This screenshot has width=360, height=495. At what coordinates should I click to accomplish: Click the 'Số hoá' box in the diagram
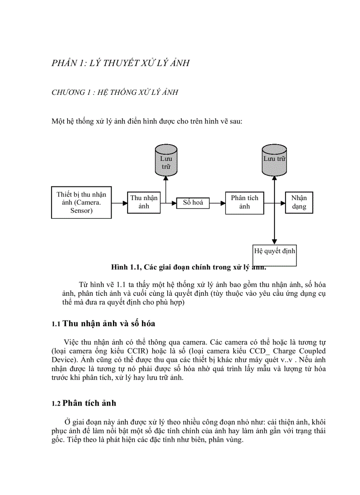click(x=193, y=202)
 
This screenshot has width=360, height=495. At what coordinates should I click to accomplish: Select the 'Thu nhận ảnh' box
click(x=143, y=202)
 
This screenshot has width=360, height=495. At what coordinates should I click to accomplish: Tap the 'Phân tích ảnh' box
click(x=245, y=202)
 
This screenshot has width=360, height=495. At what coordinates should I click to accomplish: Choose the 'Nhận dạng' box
click(x=299, y=202)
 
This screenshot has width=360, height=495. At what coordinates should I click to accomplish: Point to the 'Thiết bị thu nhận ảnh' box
click(x=81, y=202)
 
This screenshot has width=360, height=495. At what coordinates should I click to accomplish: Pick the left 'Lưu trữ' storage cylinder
click(x=166, y=161)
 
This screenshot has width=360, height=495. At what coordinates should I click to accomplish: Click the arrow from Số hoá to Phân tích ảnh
click(x=216, y=203)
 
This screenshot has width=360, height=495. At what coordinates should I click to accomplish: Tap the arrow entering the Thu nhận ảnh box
click(x=118, y=203)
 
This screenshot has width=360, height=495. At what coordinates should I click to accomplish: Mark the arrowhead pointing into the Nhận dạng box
click(x=283, y=203)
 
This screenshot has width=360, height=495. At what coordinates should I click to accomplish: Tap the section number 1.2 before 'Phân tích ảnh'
click(x=56, y=404)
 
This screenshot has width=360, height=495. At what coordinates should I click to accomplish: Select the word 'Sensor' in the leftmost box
click(x=81, y=211)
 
